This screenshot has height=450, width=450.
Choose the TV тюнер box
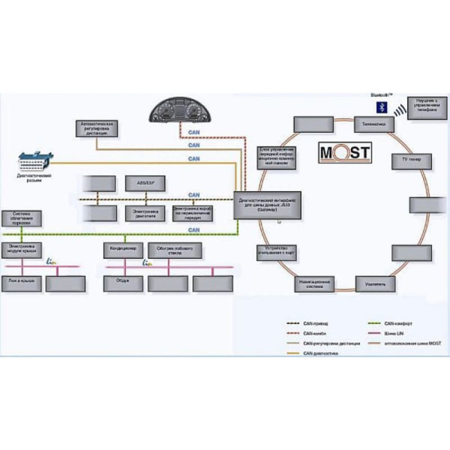pyautogui.click(x=409, y=160)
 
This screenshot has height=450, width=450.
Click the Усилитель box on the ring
pyautogui.click(x=376, y=284)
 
